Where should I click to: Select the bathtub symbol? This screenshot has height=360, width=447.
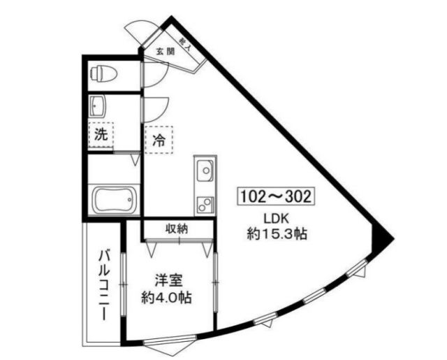tap(113, 201)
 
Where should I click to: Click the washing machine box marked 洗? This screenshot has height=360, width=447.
tap(101, 135)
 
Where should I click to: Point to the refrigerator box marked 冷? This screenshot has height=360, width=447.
tap(159, 138)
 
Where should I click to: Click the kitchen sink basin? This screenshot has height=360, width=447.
tap(206, 170)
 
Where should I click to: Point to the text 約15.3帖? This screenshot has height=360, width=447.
tap(277, 235)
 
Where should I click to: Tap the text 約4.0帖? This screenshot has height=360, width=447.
tap(168, 298)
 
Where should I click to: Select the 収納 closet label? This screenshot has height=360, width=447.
tap(177, 229)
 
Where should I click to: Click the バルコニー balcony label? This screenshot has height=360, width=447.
tap(103, 285)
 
